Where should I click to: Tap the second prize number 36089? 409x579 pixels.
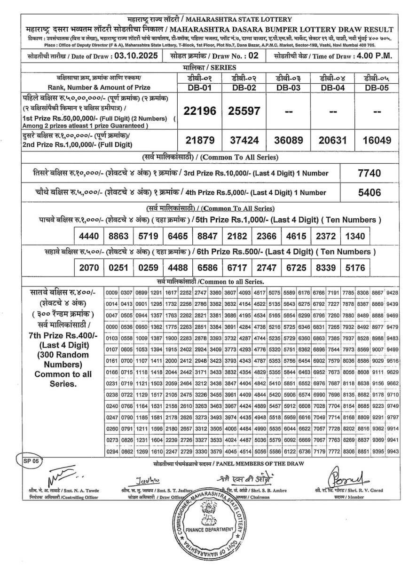tap(289, 140)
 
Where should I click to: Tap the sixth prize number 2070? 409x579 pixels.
tap(89, 268)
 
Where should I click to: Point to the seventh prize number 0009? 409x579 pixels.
tap(111, 293)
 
